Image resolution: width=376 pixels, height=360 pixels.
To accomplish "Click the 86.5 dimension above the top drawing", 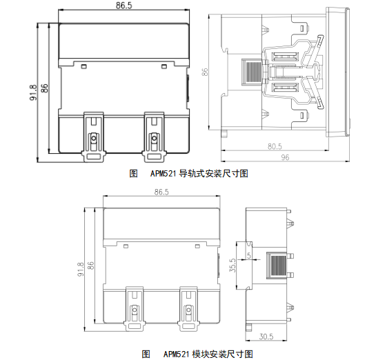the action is click(123, 6).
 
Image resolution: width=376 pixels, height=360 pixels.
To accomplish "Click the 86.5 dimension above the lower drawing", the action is click(161, 192).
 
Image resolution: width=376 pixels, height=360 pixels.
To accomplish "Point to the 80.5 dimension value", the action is click(275, 146).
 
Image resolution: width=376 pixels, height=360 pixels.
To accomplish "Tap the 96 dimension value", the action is click(285, 157).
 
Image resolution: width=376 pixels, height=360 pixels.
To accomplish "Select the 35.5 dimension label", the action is click(232, 265).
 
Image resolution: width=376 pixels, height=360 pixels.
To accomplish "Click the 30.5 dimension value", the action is click(266, 337).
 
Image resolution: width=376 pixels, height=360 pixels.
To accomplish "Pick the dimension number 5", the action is click(249, 255).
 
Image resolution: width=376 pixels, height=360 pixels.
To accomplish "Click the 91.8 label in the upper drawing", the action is click(34, 92).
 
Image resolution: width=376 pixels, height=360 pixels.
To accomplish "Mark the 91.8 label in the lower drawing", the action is click(81, 269).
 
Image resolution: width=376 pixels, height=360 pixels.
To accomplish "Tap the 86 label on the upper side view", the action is click(205, 72).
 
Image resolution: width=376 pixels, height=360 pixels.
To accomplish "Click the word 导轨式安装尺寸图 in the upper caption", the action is click(214, 173).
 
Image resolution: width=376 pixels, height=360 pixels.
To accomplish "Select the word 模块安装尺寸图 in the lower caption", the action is click(223, 354).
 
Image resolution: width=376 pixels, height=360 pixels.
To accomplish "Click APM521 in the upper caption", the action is click(164, 174).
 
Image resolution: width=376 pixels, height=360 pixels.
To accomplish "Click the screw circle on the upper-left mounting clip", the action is click(94, 139).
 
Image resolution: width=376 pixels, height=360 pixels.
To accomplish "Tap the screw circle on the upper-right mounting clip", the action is click(154, 139).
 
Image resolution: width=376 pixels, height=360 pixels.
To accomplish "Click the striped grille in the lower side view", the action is click(277, 266).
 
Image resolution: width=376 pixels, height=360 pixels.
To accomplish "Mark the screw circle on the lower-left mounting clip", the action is click(135, 310).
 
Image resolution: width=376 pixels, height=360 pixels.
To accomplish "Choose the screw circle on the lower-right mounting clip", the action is click(189, 310).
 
